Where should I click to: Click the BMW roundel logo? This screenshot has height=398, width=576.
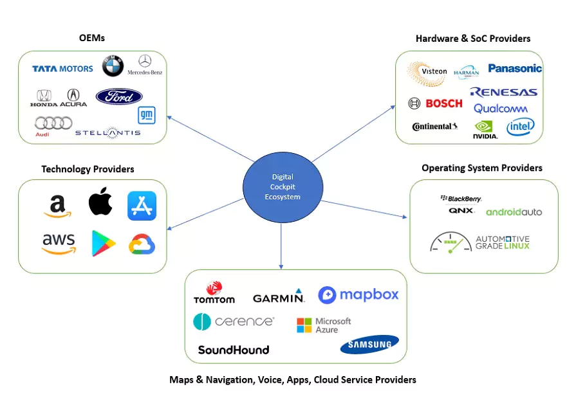(x=113, y=66)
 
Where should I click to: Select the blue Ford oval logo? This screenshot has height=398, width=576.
(x=119, y=96)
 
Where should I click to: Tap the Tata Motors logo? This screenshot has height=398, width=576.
(x=62, y=68)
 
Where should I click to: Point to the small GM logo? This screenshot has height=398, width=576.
(x=146, y=115)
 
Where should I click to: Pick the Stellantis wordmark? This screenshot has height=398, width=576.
(x=107, y=132)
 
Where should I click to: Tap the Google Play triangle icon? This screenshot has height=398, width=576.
(x=103, y=243)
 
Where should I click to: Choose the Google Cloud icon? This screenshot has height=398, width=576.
(x=142, y=244)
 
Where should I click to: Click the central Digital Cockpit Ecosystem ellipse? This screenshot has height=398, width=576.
(x=283, y=187)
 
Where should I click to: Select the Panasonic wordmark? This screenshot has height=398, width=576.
(x=515, y=68)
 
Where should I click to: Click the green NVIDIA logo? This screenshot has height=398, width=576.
(x=485, y=129)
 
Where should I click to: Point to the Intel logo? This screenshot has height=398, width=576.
(x=520, y=127)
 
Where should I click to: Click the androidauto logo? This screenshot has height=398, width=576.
(x=514, y=212)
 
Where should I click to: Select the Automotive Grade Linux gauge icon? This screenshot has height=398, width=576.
(x=451, y=242)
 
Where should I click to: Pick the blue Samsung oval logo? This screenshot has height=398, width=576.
(x=369, y=345)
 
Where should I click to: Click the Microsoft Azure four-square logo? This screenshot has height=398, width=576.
(x=304, y=325)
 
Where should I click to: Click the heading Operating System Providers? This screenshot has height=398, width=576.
(x=481, y=168)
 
